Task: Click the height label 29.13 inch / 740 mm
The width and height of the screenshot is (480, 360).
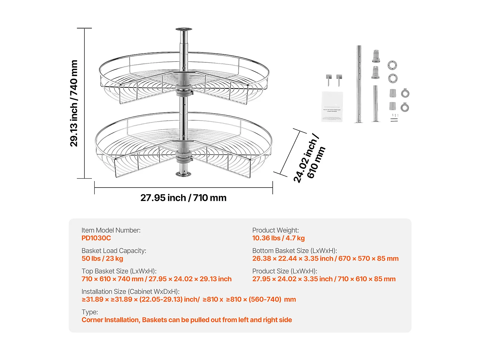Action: click(74, 103)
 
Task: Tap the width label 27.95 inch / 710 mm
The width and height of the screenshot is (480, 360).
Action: click(183, 198)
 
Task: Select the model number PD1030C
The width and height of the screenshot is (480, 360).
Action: click(96, 238)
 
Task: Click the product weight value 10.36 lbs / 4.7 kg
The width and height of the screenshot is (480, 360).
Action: click(278, 238)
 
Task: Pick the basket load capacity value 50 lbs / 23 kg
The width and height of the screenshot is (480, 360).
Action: click(102, 259)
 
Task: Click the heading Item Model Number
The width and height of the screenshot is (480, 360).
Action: click(111, 230)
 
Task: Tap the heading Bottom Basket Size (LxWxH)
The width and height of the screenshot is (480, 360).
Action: click(294, 251)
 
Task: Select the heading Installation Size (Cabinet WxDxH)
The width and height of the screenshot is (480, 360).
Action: click(131, 292)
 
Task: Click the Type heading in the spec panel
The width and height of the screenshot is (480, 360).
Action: click(90, 312)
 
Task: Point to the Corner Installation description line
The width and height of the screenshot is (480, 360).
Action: click(187, 320)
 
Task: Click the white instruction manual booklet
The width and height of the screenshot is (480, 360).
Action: click(332, 107)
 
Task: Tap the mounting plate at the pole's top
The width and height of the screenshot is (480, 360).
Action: click(184, 29)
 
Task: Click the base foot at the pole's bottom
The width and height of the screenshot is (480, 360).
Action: click(184, 174)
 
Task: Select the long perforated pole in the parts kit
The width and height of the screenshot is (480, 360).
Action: click(359, 84)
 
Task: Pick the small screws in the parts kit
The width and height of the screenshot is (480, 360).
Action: click(395, 118)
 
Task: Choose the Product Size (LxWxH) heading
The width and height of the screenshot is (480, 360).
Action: click(284, 271)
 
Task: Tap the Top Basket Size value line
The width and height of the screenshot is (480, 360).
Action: click(156, 279)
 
